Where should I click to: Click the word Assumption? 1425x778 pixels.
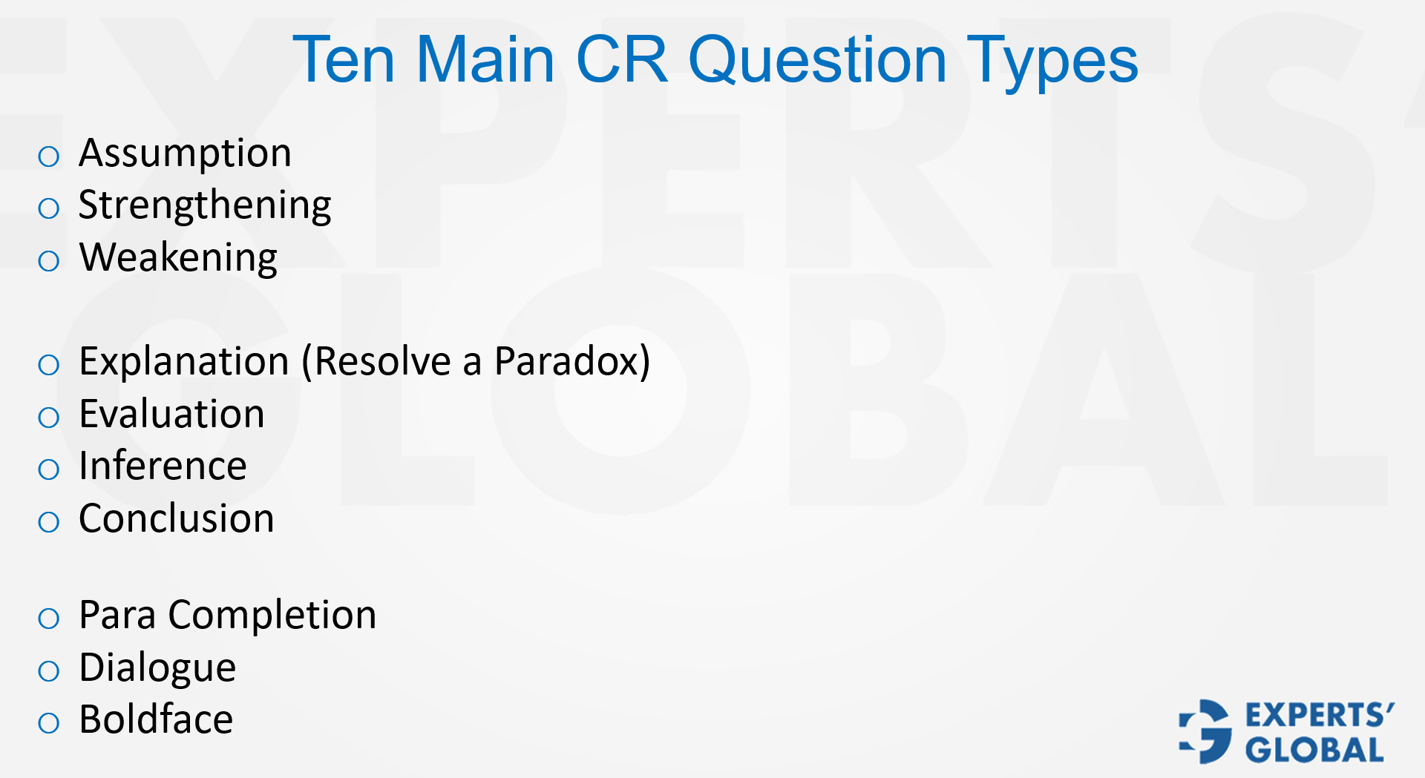tap(185, 154)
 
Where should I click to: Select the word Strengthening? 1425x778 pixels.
tap(205, 206)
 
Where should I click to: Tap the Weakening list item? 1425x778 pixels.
tap(178, 258)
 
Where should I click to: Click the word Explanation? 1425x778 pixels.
tap(184, 363)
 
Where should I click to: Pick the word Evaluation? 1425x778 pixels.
tap(171, 414)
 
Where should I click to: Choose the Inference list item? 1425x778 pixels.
tap(163, 467)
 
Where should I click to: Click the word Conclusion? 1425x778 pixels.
tap(177, 518)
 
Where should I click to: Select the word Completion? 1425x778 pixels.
tap(272, 616)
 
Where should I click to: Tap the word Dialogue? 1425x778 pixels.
tap(157, 668)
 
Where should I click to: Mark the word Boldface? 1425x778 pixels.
tap(156, 719)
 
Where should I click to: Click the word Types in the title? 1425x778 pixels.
tap(1053, 61)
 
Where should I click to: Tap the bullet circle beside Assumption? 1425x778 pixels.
tap(49, 156)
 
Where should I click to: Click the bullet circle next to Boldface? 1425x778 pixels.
tap(49, 723)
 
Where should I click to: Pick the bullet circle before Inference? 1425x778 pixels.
tap(49, 469)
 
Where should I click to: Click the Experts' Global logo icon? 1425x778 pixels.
tap(1205, 731)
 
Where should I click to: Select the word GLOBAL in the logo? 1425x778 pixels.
tap(1314, 750)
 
